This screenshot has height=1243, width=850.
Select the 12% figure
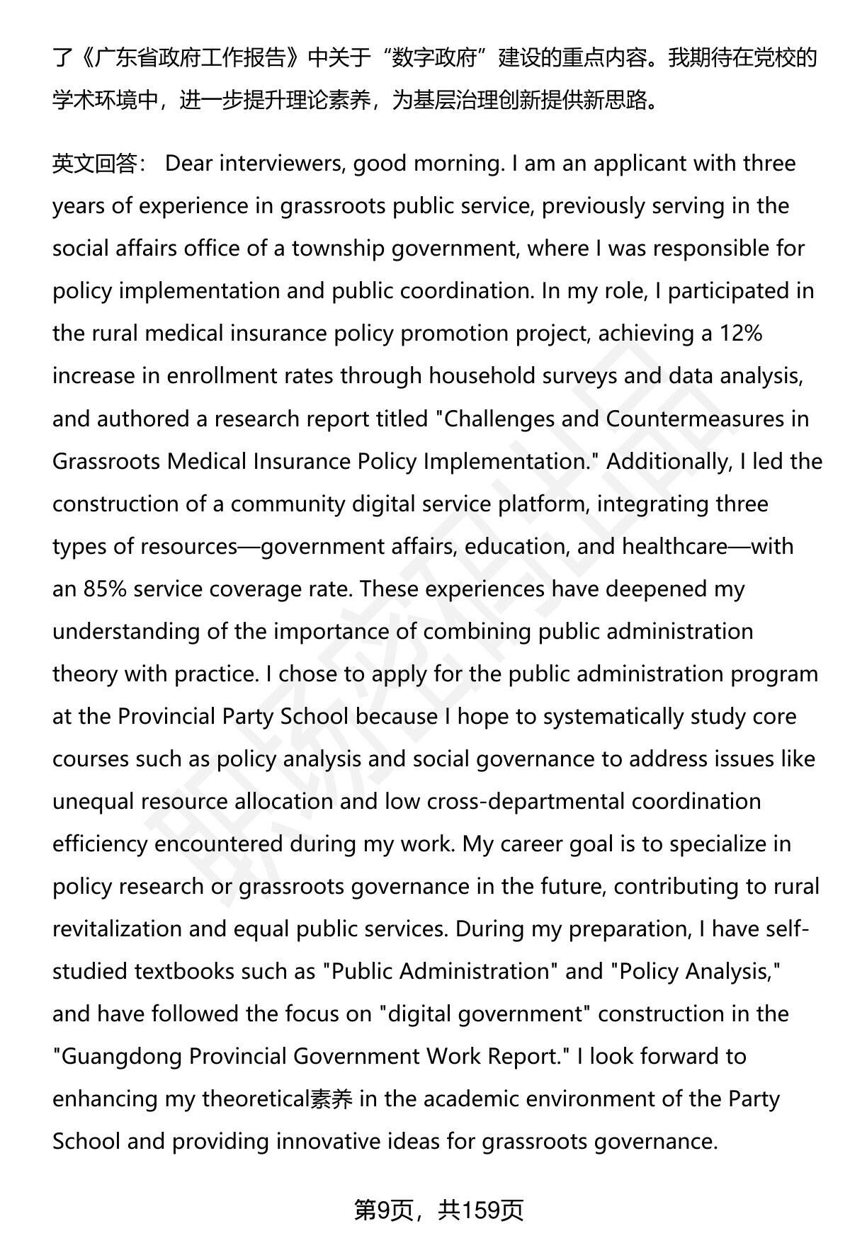tap(741, 334)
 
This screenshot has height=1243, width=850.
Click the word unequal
tap(93, 801)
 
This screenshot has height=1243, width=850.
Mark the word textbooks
tap(183, 971)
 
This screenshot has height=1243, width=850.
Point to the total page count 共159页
tap(480, 1210)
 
